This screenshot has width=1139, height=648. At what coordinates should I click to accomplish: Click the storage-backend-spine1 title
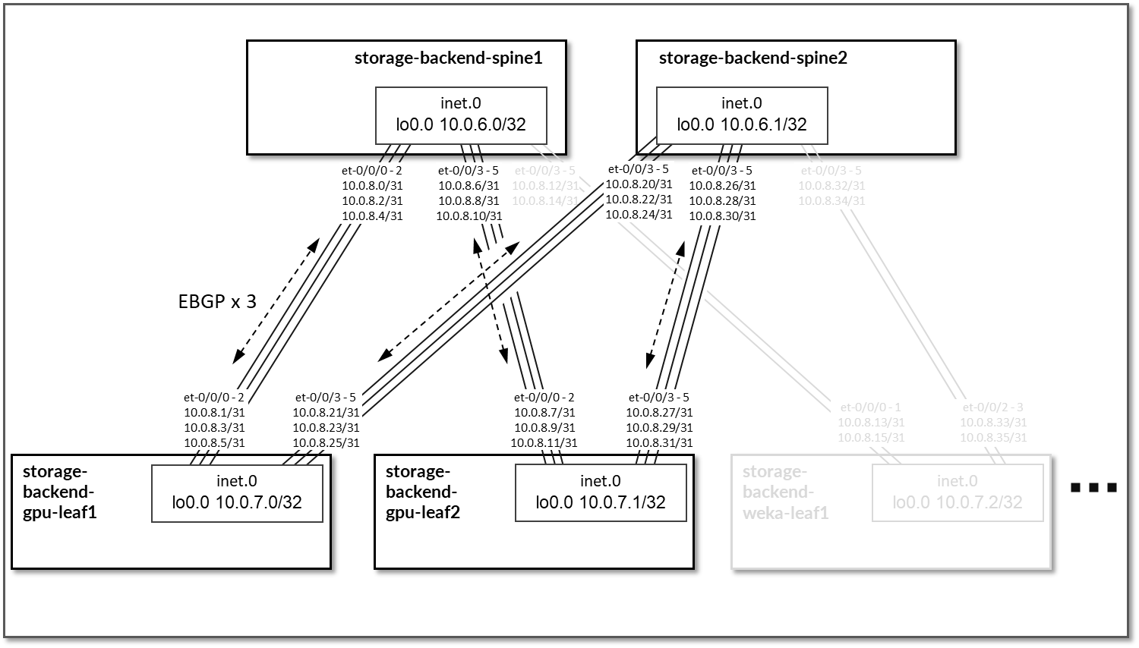click(x=448, y=58)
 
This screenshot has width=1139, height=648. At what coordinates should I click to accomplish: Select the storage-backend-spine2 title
click(x=752, y=58)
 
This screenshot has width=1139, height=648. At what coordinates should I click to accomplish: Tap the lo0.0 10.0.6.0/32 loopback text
click(x=461, y=124)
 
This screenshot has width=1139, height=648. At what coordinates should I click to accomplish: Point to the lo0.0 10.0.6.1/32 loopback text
click(x=742, y=124)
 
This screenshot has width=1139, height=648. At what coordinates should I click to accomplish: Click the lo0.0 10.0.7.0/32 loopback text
click(x=237, y=502)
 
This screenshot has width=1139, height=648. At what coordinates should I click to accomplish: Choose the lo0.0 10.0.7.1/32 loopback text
click(x=601, y=502)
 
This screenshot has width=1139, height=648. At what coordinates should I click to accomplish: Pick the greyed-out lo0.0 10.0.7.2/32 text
click(x=957, y=502)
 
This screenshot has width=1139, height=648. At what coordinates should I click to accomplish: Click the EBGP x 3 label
click(x=217, y=302)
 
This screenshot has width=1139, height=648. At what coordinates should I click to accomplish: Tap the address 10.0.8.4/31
click(x=372, y=215)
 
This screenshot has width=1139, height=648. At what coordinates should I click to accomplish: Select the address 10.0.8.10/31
click(x=469, y=215)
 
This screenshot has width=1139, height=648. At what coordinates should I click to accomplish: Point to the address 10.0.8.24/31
click(x=639, y=214)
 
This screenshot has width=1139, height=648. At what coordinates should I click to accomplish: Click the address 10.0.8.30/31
click(x=722, y=215)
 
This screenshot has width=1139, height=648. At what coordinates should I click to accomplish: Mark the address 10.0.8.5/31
click(x=214, y=442)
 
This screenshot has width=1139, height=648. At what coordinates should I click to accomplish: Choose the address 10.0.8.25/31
click(x=326, y=442)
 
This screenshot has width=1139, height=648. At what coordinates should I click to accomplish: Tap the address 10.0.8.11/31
click(x=544, y=442)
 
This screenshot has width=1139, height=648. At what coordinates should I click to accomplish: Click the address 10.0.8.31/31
click(x=659, y=442)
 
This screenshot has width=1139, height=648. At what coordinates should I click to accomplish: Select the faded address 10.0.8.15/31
click(x=871, y=437)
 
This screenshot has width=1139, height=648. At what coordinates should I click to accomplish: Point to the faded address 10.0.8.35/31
click(x=993, y=437)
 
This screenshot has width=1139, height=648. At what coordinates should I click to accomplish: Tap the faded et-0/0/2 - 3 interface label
click(x=993, y=407)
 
